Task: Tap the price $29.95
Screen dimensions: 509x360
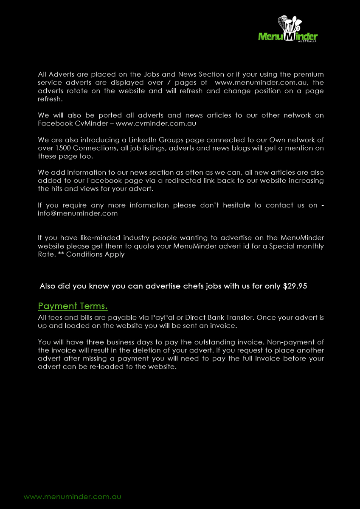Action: (x=295, y=286)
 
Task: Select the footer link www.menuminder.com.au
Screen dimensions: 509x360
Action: (x=73, y=497)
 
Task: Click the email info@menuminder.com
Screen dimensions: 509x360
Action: (x=78, y=213)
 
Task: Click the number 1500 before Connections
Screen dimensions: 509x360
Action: (x=63, y=148)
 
